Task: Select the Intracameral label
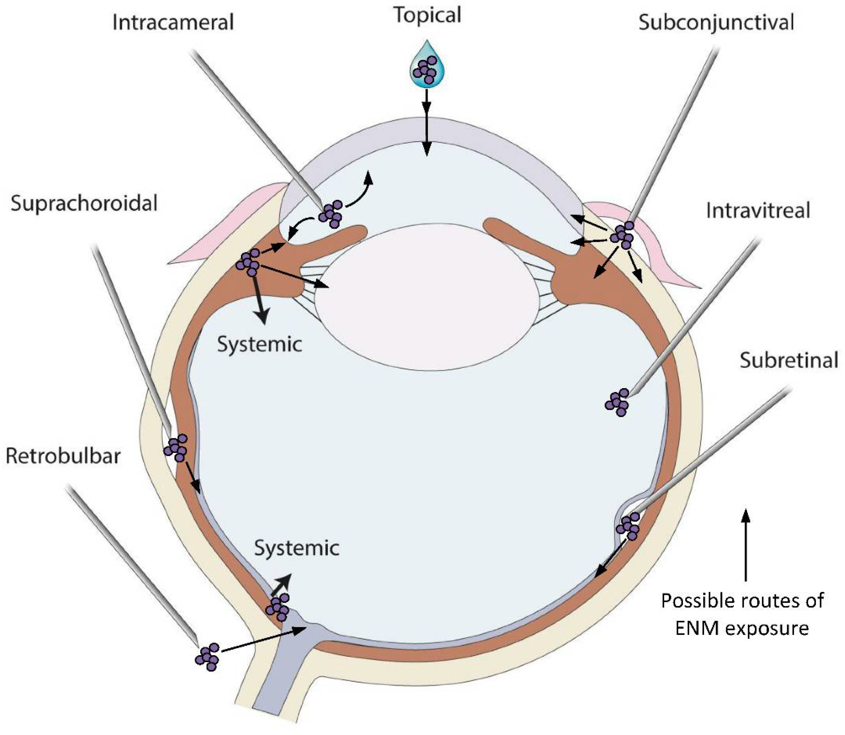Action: pos(173,23)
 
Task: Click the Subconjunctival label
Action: pos(716,23)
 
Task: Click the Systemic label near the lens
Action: pos(260,345)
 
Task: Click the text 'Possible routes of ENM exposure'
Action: pos(742,614)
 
